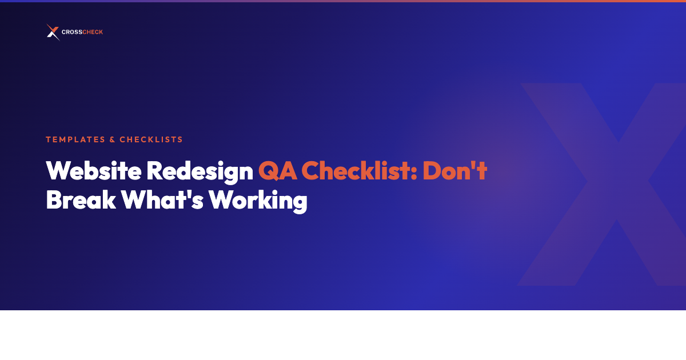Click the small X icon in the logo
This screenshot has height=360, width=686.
click(x=53, y=32)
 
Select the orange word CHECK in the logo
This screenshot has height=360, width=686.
click(x=93, y=32)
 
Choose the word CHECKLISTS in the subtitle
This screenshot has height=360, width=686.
click(x=151, y=139)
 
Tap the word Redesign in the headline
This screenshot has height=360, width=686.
click(x=198, y=171)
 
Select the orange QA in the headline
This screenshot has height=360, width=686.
click(x=277, y=171)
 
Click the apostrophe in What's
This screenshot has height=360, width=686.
click(x=185, y=193)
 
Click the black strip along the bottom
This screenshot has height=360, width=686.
click(x=343, y=335)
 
